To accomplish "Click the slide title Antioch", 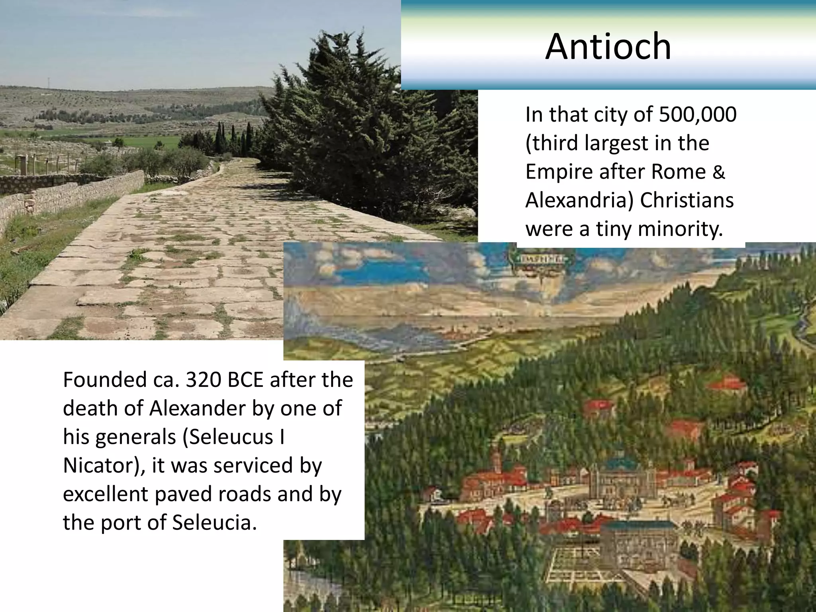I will pos(608,47).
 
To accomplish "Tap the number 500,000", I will pos(698,115).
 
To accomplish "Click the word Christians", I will pos(687,200).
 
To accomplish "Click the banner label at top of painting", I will pos(537,259).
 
